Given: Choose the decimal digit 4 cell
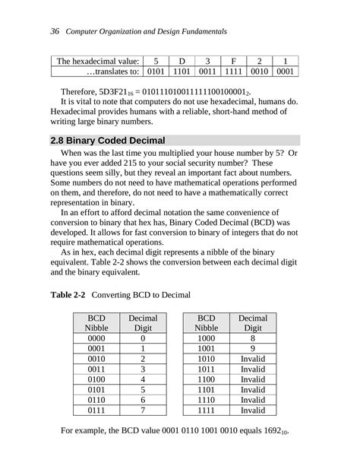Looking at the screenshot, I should click(143, 379).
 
